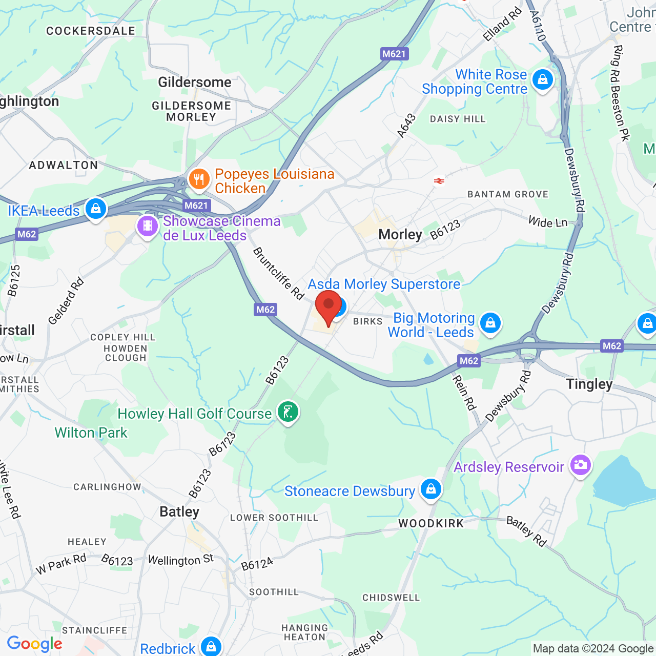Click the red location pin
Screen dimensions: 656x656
pos(329,306)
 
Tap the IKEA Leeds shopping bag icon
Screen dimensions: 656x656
pos(96,209)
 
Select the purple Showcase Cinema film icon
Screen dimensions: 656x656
pos(148,226)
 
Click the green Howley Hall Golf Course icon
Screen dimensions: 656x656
pos(288,412)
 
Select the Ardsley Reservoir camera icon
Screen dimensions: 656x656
pos(580,465)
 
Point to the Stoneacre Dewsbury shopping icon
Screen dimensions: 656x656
pos(431,489)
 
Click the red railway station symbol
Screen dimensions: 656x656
pos(439,180)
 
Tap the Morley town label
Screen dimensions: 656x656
pos(400,235)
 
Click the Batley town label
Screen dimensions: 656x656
pos(179,511)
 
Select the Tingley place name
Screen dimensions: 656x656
pos(589,384)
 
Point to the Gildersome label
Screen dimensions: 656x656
pos(194,82)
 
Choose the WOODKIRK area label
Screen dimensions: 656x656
pos(431,523)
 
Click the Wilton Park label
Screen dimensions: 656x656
pos(91,433)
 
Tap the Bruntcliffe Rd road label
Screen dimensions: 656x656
pos(278,273)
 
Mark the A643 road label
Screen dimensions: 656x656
pos(406,126)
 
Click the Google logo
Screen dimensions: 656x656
pos(34,644)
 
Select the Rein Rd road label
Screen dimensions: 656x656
pos(464,393)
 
